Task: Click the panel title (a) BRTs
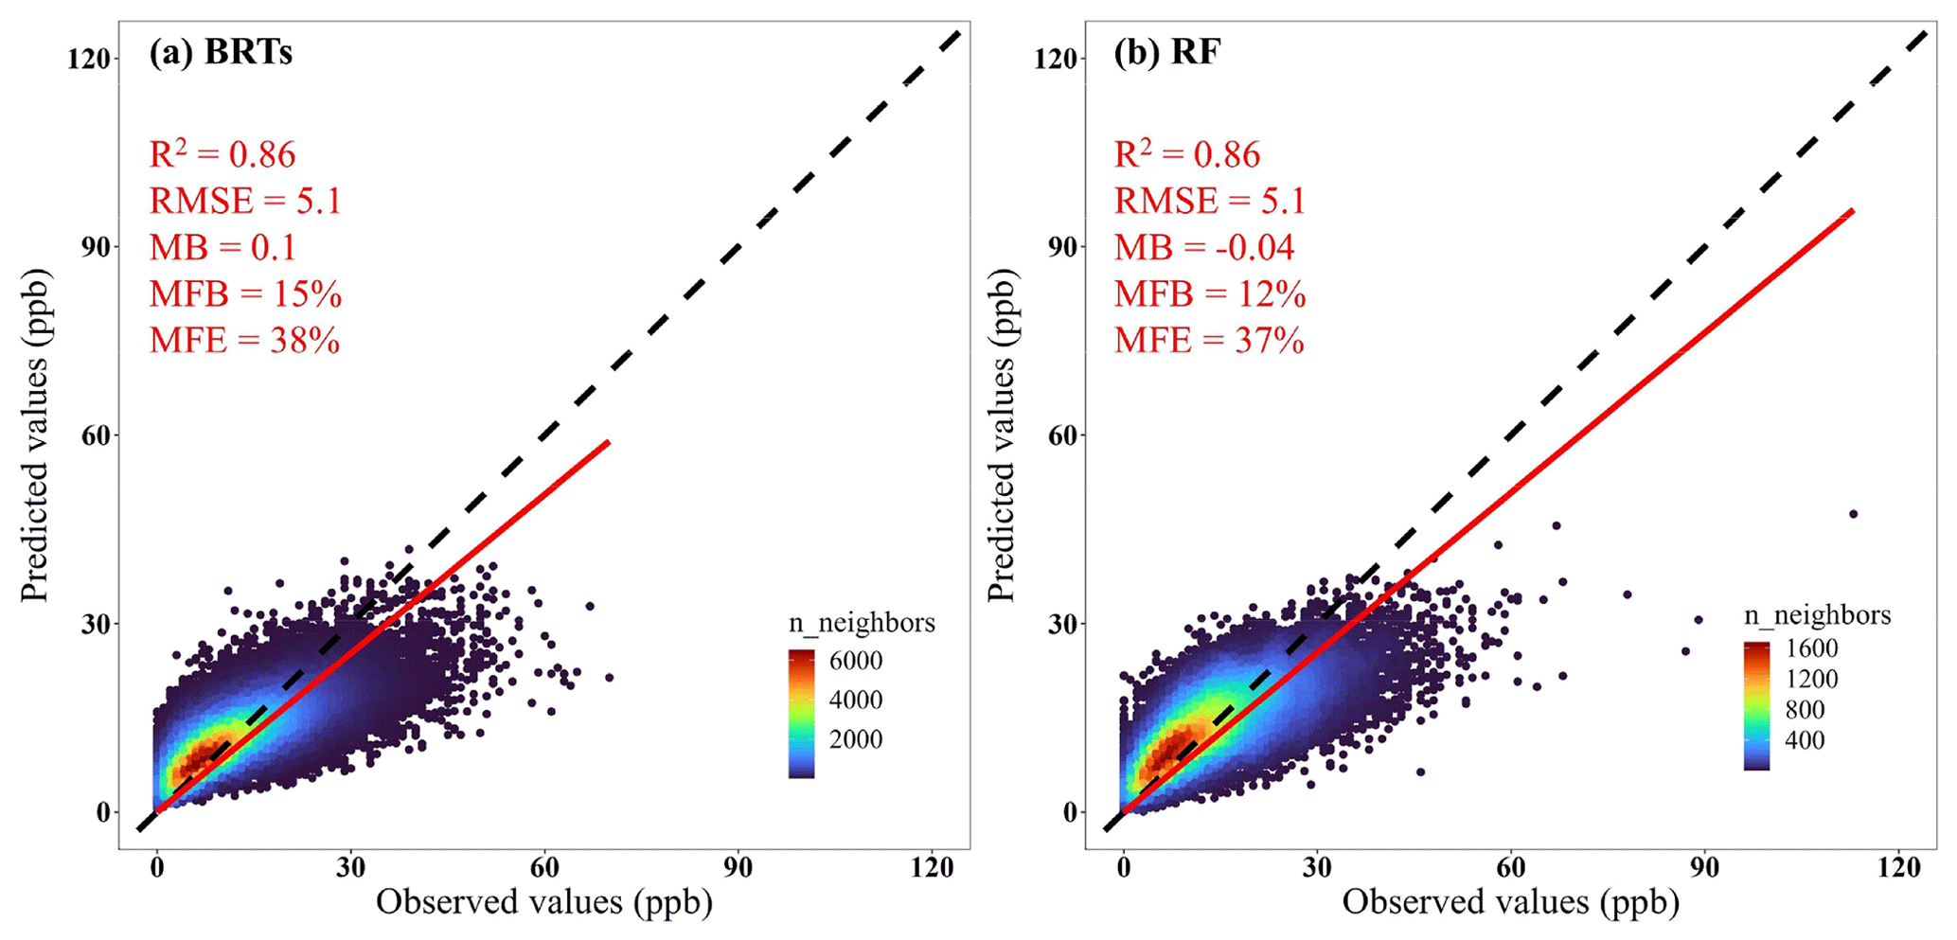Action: pos(221,53)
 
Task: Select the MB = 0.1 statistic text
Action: pos(222,248)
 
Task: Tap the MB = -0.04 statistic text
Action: pos(1203,248)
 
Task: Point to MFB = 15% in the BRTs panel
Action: pos(245,294)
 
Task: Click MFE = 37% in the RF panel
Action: pos(1209,341)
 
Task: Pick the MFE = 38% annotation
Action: pos(244,341)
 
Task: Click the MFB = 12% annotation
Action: pos(1210,294)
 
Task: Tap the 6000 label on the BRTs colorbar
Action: pos(856,661)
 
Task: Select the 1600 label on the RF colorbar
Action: pos(1811,648)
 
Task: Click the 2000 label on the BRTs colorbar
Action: pos(856,739)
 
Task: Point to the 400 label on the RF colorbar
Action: pos(1805,740)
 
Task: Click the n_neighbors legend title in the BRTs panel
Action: pos(862,623)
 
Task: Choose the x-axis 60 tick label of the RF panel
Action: pos(1511,867)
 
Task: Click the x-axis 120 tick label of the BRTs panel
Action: pos(932,867)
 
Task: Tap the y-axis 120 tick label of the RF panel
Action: pos(1056,59)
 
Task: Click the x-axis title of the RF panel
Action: pos(1510,902)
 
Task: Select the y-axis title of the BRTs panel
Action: pos(35,435)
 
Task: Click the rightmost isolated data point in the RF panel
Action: pos(1853,514)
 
